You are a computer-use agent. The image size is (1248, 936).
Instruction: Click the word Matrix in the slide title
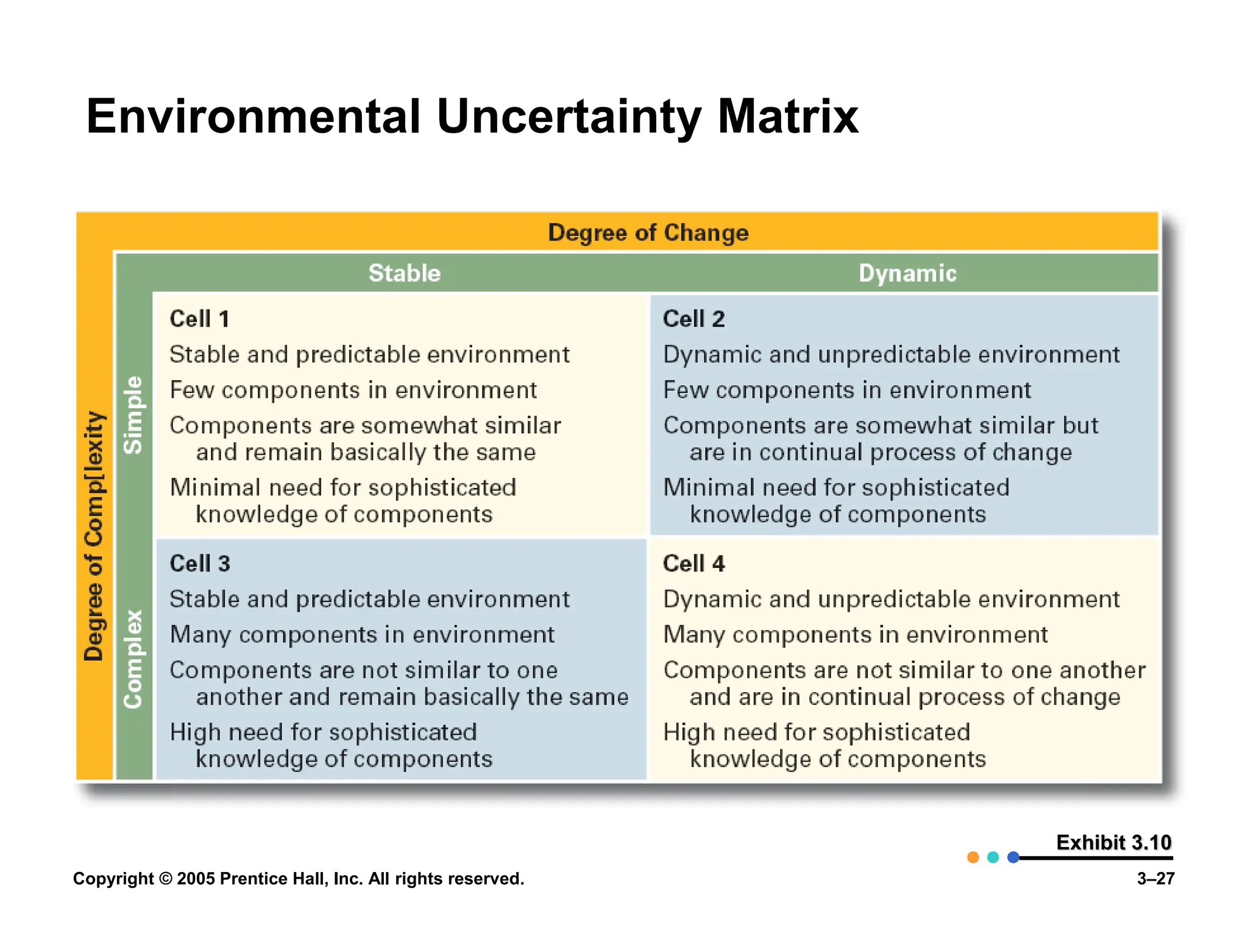pyautogui.click(x=788, y=116)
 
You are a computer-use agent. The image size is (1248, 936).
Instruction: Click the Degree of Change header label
pyautogui.click(x=648, y=233)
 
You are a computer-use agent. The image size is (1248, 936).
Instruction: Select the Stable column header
pyautogui.click(x=404, y=273)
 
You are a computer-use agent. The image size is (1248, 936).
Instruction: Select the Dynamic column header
pyautogui.click(x=907, y=273)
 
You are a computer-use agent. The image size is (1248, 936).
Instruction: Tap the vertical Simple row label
pyautogui.click(x=133, y=415)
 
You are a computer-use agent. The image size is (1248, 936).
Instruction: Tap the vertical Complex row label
pyautogui.click(x=133, y=659)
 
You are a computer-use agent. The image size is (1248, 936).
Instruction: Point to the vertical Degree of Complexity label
pyautogui.click(x=94, y=536)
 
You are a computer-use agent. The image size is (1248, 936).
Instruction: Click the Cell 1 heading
pyautogui.click(x=199, y=319)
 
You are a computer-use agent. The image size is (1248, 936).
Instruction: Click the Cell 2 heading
pyautogui.click(x=693, y=319)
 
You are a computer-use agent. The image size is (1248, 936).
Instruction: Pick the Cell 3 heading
pyautogui.click(x=199, y=564)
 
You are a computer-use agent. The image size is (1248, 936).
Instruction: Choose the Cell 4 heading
pyautogui.click(x=693, y=564)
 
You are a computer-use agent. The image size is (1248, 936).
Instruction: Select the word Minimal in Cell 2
pyautogui.click(x=707, y=487)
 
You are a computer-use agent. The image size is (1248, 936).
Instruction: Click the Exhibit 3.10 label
pyautogui.click(x=1113, y=842)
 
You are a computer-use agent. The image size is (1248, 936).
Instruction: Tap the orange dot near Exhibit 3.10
pyautogui.click(x=973, y=857)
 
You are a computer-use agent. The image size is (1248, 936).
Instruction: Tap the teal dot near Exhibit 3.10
pyautogui.click(x=993, y=857)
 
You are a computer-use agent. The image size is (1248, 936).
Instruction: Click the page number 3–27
pyautogui.click(x=1155, y=879)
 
